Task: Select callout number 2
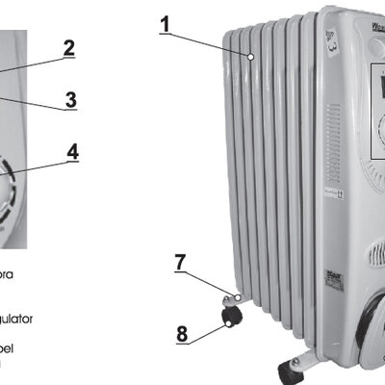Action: (68, 46)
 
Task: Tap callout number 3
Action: (69, 98)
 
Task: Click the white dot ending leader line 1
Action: (249, 58)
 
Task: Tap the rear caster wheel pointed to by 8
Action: (231, 316)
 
